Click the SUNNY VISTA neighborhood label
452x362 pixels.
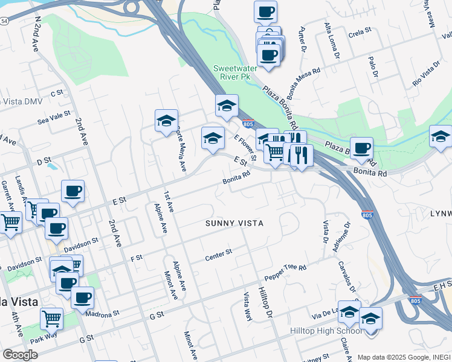tap(234, 223)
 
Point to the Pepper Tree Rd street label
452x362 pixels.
tap(285, 274)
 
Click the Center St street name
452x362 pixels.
tap(219, 255)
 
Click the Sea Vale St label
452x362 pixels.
tap(54, 116)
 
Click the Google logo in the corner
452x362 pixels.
tap(20, 355)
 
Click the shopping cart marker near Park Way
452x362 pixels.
tap(52, 317)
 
